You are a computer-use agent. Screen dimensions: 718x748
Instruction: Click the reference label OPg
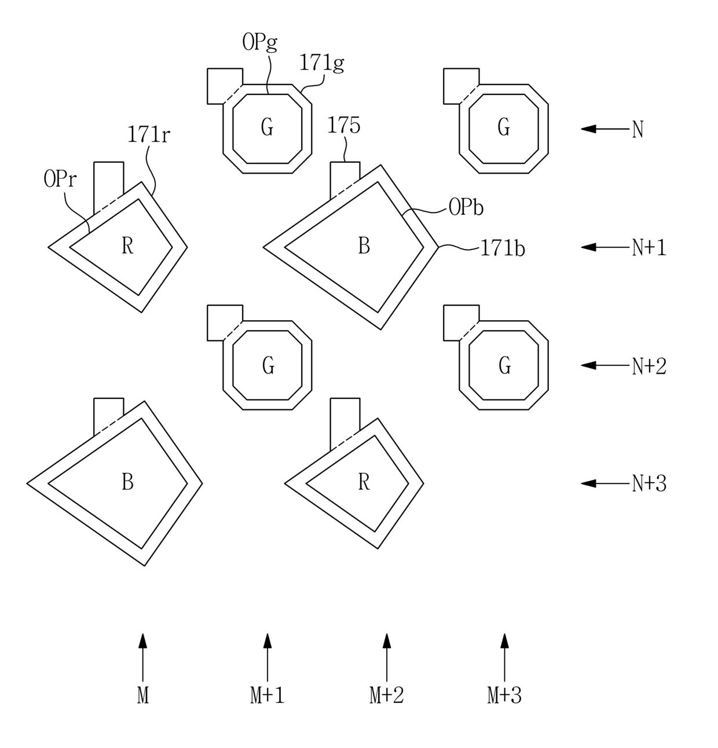click(259, 42)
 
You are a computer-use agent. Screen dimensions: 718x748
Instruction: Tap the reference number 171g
click(322, 63)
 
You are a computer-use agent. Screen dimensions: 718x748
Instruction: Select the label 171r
click(148, 135)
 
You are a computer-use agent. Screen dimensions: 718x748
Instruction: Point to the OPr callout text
click(60, 179)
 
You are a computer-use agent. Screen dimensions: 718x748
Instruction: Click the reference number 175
click(343, 125)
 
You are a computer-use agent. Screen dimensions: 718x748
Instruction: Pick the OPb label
click(466, 208)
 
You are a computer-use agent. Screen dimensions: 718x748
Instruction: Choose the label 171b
click(503, 248)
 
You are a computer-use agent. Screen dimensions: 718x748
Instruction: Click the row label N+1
click(649, 248)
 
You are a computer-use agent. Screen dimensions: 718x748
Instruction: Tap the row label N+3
click(649, 483)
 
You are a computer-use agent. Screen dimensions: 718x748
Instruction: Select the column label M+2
click(387, 695)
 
